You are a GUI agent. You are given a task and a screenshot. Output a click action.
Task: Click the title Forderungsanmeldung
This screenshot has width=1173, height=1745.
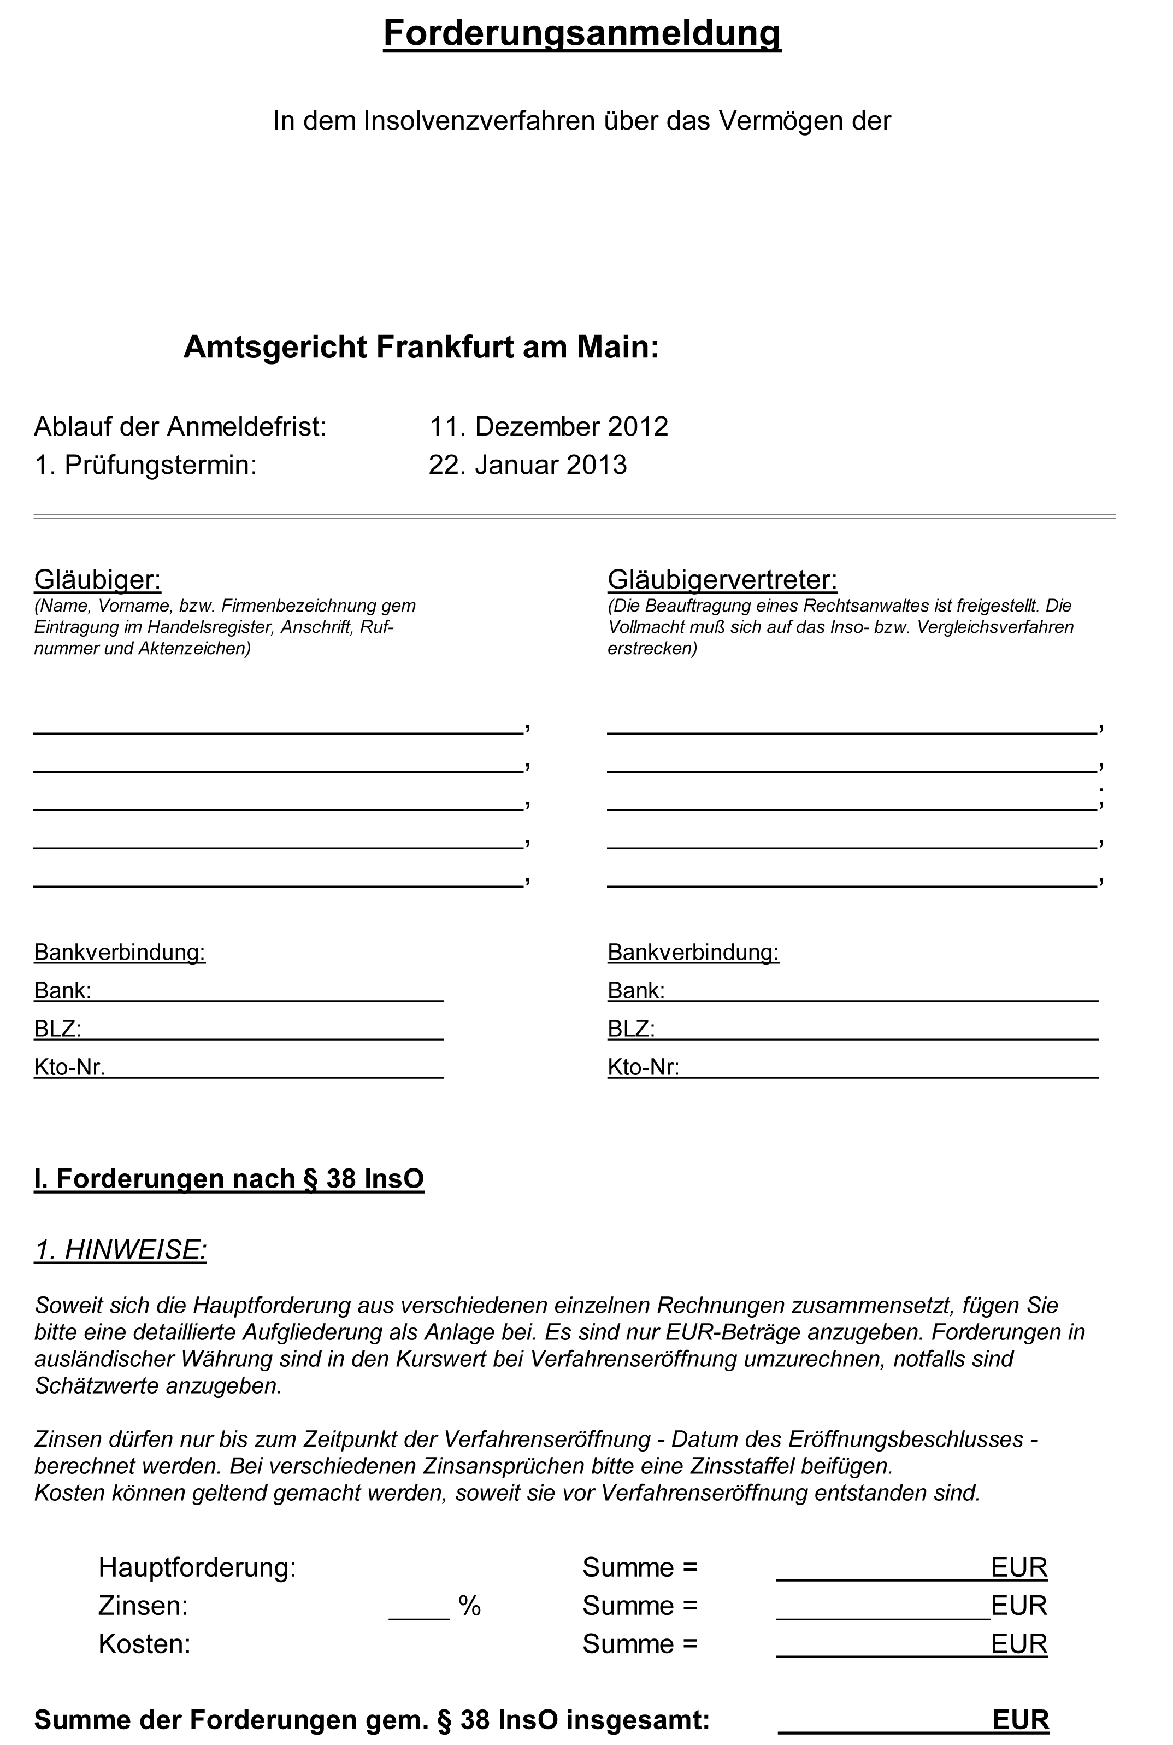pyautogui.click(x=581, y=34)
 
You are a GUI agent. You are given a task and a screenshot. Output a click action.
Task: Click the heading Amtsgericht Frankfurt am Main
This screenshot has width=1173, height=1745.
pyautogui.click(x=421, y=347)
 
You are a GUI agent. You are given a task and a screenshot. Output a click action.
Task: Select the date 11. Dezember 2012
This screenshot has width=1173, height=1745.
pyautogui.click(x=549, y=426)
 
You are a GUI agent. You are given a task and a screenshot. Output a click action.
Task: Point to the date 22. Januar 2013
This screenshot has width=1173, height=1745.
pyautogui.click(x=527, y=465)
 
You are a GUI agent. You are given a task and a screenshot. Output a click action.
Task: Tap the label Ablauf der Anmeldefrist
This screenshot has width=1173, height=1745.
pyautogui.click(x=180, y=426)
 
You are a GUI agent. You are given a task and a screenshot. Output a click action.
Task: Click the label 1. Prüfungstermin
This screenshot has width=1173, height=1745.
pyautogui.click(x=146, y=465)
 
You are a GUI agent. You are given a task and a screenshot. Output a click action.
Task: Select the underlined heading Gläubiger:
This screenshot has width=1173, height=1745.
pyautogui.click(x=97, y=579)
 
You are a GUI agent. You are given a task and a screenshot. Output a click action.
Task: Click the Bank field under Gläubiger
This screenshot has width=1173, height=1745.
pyautogui.click(x=267, y=991)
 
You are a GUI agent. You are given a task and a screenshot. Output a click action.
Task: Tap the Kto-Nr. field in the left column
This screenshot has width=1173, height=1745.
pyautogui.click(x=274, y=1067)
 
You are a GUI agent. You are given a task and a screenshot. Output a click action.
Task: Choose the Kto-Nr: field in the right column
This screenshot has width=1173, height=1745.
pyautogui.click(x=889, y=1067)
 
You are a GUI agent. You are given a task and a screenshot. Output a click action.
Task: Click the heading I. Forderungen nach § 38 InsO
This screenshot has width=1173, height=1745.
pyautogui.click(x=229, y=1179)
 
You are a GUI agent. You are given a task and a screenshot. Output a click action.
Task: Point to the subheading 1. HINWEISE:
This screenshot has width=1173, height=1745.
pyautogui.click(x=120, y=1250)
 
